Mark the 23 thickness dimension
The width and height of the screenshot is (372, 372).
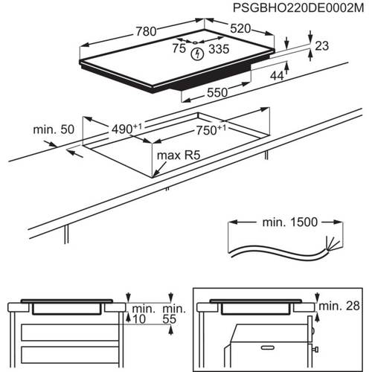(322, 46)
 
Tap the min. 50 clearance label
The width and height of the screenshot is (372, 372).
(51, 130)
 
